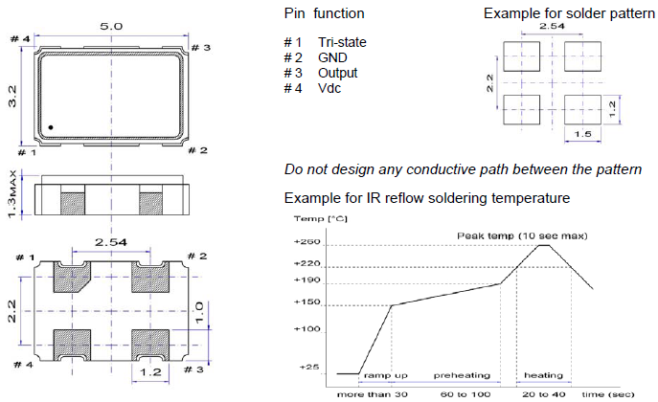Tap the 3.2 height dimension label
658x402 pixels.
click(11, 97)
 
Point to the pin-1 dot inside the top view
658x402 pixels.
click(50, 127)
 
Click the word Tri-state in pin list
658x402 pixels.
click(342, 42)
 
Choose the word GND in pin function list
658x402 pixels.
click(332, 57)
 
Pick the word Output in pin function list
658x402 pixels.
click(338, 73)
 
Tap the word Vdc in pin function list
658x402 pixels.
click(329, 88)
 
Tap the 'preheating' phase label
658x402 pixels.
click(462, 375)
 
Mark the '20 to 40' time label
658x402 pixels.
click(543, 392)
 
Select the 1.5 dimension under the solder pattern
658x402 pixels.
click(580, 135)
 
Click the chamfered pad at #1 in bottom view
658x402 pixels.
click(71, 278)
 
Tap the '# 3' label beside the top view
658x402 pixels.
click(200, 47)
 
